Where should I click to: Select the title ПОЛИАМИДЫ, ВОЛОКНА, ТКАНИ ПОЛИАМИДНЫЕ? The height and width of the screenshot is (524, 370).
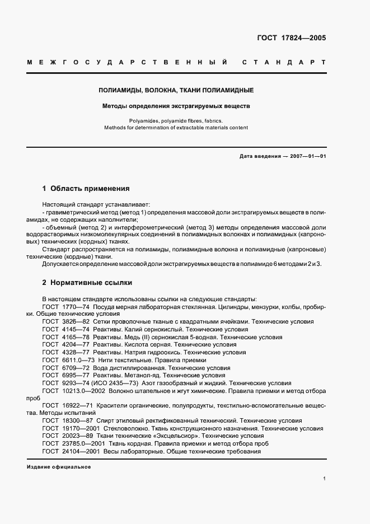176,90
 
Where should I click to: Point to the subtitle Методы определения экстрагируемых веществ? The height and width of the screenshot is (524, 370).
176,105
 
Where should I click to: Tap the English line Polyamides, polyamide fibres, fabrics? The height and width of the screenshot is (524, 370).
176,120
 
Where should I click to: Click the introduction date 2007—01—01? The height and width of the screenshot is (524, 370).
308,156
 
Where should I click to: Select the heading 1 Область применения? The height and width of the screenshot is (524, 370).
86,189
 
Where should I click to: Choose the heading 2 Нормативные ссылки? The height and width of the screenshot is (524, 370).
87,283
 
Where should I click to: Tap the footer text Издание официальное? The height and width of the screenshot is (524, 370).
59,467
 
